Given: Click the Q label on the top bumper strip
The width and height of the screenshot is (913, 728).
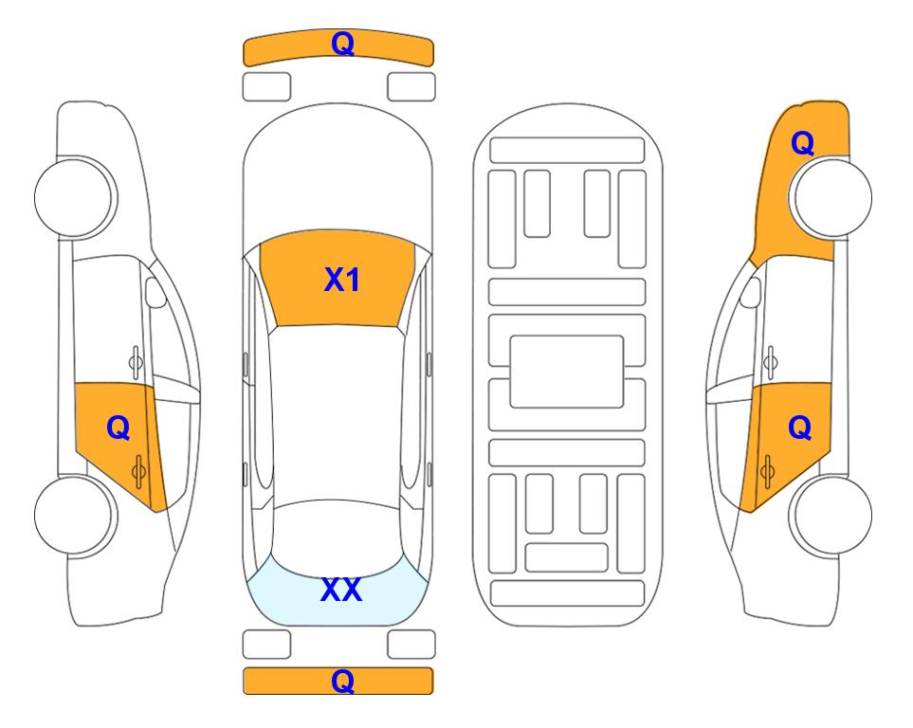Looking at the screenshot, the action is (x=342, y=43).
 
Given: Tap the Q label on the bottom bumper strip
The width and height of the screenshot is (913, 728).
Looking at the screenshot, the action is (x=342, y=681).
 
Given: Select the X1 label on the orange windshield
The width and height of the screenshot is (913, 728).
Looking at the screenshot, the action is (x=342, y=280).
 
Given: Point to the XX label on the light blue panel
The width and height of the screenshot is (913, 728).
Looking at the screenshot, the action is (x=341, y=590).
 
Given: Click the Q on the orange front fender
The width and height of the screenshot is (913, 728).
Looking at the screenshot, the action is (x=802, y=143).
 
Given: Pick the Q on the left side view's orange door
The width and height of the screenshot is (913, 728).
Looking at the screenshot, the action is (x=119, y=428).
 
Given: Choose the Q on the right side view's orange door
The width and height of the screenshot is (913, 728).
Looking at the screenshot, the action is (x=799, y=428).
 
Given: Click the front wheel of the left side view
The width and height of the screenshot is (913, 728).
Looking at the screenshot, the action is (x=73, y=197).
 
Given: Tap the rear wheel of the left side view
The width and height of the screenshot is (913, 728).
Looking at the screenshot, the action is (x=73, y=515).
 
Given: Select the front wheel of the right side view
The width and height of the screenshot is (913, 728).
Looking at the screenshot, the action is (x=833, y=197).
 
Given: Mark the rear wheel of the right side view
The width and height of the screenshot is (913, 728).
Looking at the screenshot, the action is (x=833, y=515).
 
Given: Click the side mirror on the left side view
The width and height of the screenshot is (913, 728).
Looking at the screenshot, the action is (x=155, y=292).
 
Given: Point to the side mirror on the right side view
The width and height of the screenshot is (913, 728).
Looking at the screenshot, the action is (x=751, y=292).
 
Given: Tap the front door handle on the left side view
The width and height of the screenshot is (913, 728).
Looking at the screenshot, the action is (x=135, y=362).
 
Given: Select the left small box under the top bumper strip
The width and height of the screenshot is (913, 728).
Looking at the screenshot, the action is (x=266, y=87).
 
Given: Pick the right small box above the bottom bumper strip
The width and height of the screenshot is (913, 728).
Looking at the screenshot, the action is (x=411, y=645).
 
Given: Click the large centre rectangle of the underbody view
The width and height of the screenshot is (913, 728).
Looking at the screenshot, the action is (x=567, y=372).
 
